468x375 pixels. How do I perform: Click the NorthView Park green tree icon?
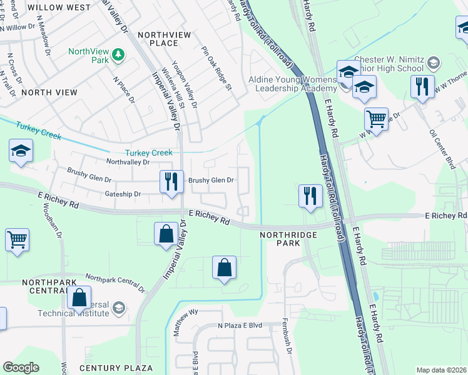click(x=118, y=56)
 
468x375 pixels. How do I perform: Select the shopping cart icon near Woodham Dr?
click(x=18, y=240)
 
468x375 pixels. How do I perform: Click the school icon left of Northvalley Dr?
click(x=21, y=152)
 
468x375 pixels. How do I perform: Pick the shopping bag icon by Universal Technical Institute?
click(x=79, y=297)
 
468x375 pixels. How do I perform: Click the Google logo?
click(x=21, y=367)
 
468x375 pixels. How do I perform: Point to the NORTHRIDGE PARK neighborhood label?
click(x=289, y=234)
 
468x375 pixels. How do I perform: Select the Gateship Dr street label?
click(x=123, y=194)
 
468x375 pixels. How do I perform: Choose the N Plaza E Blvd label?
click(x=240, y=326)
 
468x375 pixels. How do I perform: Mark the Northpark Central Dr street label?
click(x=115, y=283)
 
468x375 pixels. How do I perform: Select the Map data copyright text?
click(x=441, y=370)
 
